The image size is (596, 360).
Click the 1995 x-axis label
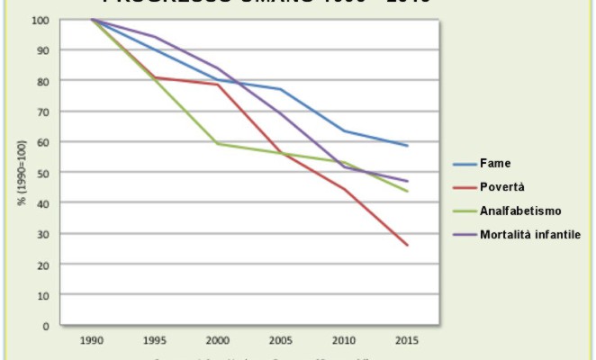(155, 343)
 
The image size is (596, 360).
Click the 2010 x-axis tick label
(344, 343)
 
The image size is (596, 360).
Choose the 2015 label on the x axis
(407, 343)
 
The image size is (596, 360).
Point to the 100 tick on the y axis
(41, 20)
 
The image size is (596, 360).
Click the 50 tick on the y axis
(44, 172)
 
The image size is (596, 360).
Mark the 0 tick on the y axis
(47, 325)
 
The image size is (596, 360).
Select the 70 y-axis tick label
(44, 112)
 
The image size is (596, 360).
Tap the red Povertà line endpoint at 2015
(407, 245)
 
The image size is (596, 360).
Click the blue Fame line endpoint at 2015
(407, 146)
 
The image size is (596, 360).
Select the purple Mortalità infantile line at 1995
(155, 37)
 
